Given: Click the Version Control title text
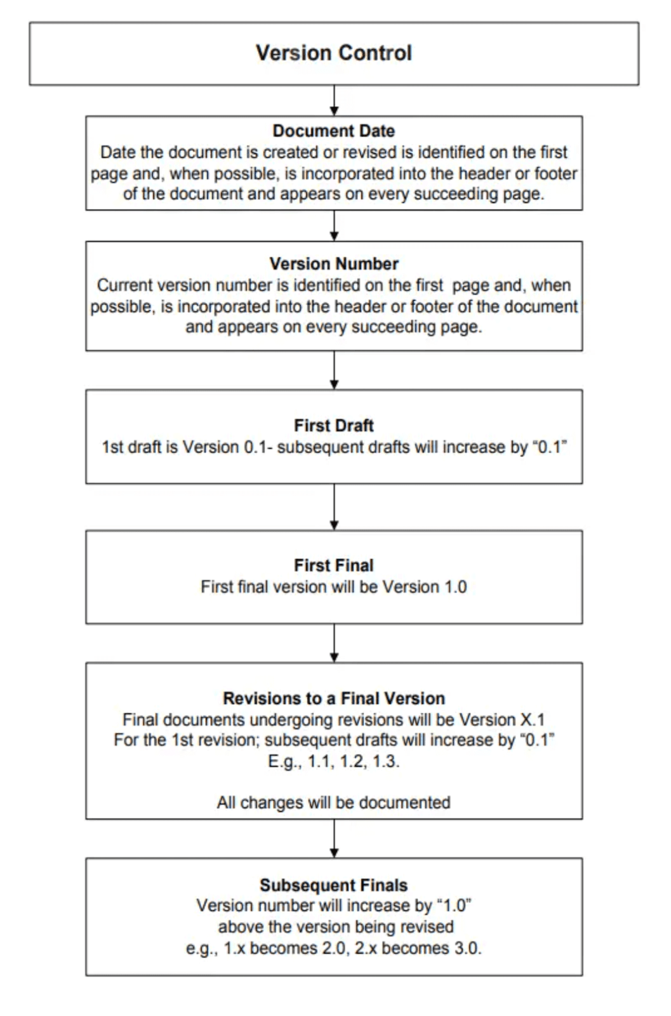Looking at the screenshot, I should click(x=334, y=53).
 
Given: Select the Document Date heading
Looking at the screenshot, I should click(x=334, y=131).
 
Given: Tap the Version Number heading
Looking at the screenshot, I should click(x=334, y=264).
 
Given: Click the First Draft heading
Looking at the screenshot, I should click(x=334, y=425).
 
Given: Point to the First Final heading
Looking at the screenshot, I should click(x=334, y=565).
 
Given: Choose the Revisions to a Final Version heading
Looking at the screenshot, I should click(x=334, y=698).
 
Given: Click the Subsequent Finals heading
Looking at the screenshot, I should click(x=334, y=885).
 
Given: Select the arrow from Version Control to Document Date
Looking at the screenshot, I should click(x=335, y=100).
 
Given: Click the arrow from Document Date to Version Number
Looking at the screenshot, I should click(x=335, y=225).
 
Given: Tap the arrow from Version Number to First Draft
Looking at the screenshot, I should click(x=335, y=370).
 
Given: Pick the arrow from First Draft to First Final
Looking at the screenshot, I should click(x=335, y=507).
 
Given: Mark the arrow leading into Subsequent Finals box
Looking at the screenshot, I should click(x=335, y=838).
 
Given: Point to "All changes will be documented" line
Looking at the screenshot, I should click(x=334, y=803).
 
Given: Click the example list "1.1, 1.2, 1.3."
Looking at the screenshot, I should click(x=354, y=761).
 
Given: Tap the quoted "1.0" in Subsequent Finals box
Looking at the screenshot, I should click(x=455, y=906).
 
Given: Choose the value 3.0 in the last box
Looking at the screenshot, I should click(x=467, y=949).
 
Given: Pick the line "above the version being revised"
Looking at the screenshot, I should click(x=336, y=927).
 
